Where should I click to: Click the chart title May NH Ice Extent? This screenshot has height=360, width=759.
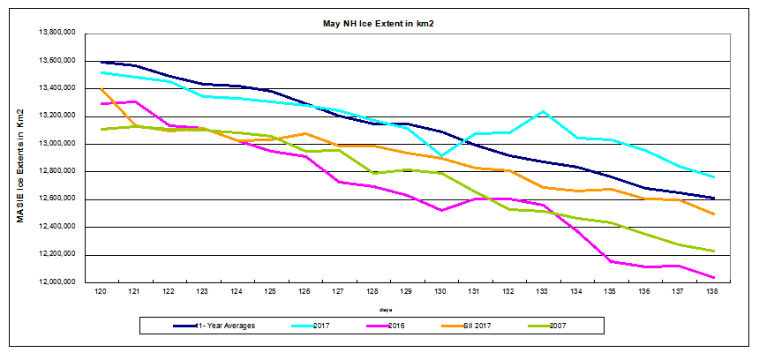(x=379, y=22)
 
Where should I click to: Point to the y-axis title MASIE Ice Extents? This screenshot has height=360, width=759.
(x=19, y=165)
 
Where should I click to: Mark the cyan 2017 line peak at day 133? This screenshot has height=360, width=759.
(x=543, y=111)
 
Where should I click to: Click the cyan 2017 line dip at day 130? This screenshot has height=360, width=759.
(x=440, y=155)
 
